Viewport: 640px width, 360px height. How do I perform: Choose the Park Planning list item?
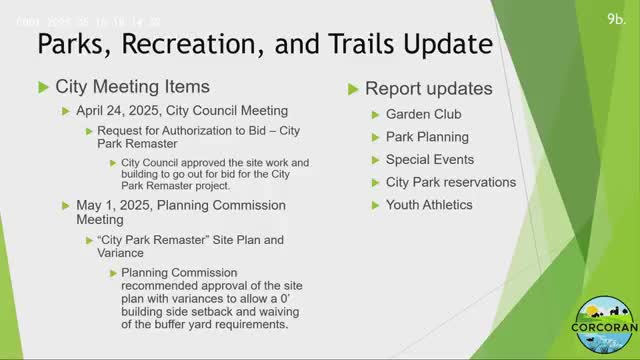pos(427,137)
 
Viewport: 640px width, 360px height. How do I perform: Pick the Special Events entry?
pos(430,160)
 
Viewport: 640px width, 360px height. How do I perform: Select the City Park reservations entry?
pos(451,182)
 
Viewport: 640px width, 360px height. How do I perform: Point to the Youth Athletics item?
pos(430,205)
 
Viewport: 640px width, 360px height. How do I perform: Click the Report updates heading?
pos(428,89)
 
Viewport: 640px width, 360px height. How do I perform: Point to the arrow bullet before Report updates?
pos(353,89)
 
